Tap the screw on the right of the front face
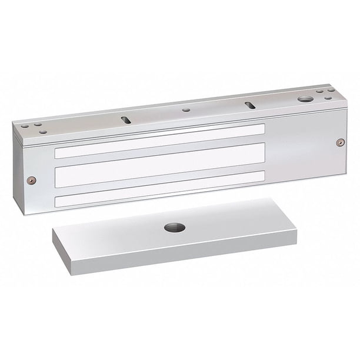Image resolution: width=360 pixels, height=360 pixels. tap(339, 142)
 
